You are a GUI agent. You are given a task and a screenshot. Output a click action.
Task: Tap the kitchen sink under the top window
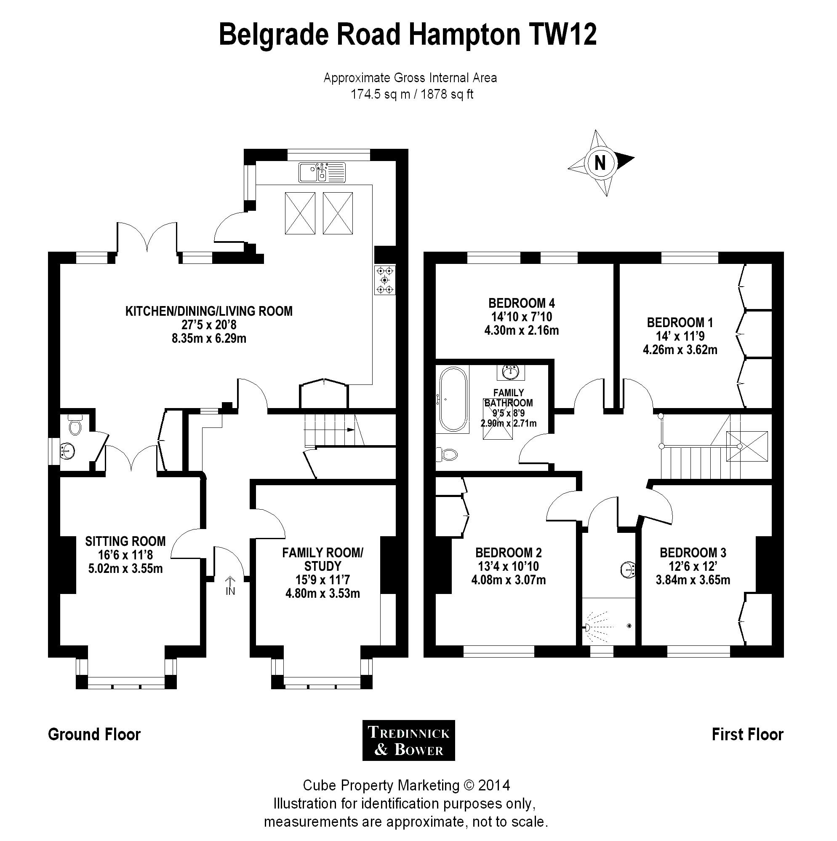pos(322,172)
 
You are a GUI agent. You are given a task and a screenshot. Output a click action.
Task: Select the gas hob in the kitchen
pos(384,279)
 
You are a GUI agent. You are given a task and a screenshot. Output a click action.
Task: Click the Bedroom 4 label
pos(521,303)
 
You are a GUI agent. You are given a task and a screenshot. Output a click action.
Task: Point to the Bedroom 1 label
pos(680,322)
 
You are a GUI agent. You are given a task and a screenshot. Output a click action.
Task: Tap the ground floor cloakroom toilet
pos(75,425)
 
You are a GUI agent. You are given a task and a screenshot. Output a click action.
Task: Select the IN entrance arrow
pos(230,585)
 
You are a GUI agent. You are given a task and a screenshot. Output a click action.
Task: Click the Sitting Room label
pos(125,541)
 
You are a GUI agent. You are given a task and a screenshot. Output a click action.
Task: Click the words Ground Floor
pos(94,734)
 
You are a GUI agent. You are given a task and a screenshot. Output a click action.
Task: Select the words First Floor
pos(747,734)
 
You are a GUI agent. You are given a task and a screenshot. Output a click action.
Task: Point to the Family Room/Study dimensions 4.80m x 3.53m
pos(322,593)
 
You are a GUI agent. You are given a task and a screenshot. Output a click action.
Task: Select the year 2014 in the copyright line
pos(494,786)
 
